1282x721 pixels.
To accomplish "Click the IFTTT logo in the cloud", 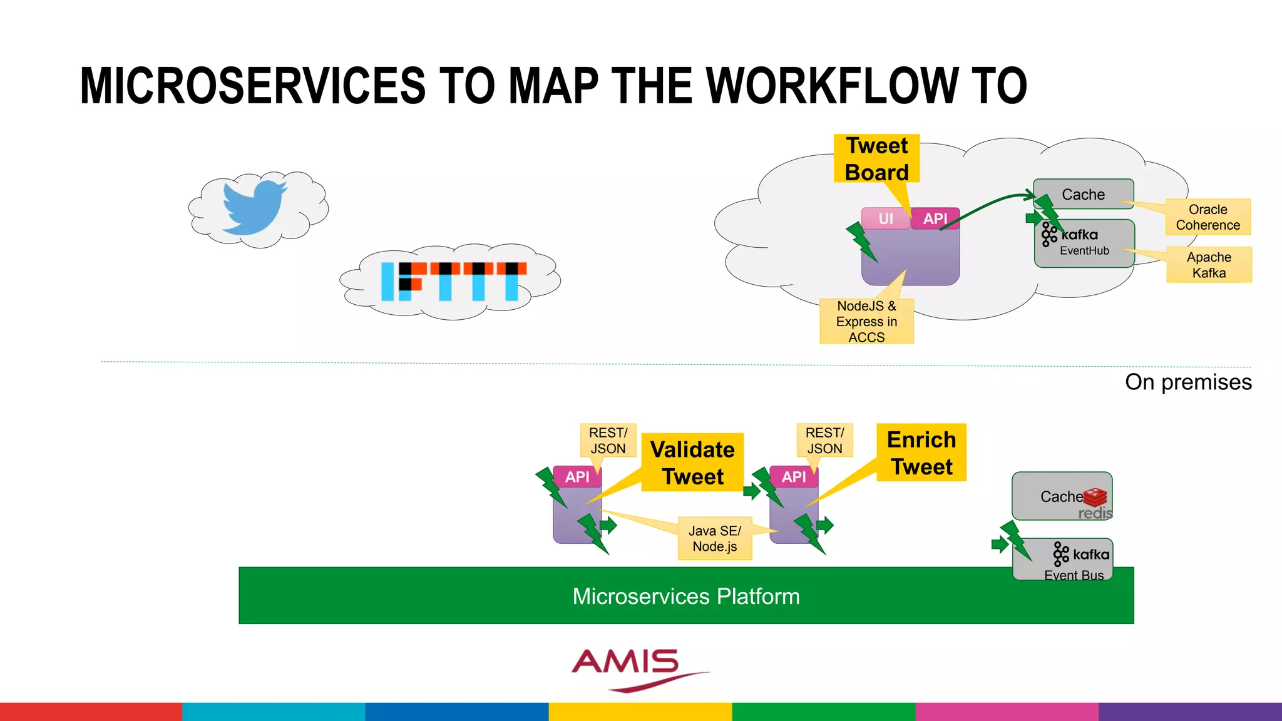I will (x=453, y=281).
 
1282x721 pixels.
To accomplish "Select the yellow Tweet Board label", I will (x=876, y=158).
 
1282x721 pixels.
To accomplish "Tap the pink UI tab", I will (x=885, y=218).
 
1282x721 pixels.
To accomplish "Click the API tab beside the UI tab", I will (x=935, y=218).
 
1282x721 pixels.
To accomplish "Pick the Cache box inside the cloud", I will (x=1084, y=193).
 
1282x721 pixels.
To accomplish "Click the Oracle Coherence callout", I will (x=1208, y=217).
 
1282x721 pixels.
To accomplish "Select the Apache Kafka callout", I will (x=1209, y=265).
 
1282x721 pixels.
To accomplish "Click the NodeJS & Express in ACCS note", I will (x=866, y=321).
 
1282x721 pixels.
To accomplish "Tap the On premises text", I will (x=1187, y=382).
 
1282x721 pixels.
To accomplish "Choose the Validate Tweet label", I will (x=692, y=463).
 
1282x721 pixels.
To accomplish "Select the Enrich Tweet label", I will (x=921, y=453).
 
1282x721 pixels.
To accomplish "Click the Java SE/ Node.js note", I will (x=715, y=538).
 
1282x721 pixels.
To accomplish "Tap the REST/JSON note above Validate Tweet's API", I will (x=608, y=440).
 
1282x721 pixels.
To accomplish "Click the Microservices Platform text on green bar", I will (x=685, y=596).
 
